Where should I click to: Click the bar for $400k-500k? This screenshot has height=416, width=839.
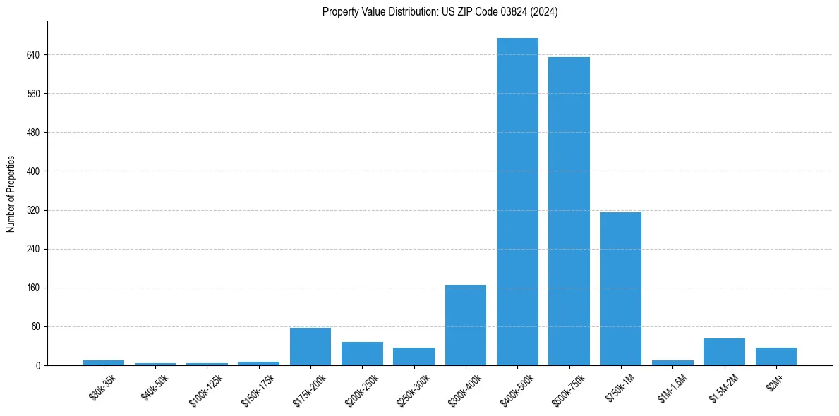coord(517,202)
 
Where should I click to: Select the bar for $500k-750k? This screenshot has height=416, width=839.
coord(569,211)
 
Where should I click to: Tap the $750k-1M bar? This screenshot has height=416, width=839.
coord(621,288)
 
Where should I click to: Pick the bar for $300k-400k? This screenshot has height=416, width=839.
coord(466,325)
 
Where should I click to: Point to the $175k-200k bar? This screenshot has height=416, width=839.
coord(310,346)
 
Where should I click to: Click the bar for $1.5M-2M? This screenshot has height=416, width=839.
coord(724,352)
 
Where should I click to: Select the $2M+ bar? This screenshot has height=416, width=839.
coord(776,356)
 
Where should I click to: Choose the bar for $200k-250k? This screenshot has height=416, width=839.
coord(362,353)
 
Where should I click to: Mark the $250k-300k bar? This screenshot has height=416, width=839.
coord(414,356)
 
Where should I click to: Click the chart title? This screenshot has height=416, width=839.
coord(440,12)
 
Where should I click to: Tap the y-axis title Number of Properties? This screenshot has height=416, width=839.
coord(11,194)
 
